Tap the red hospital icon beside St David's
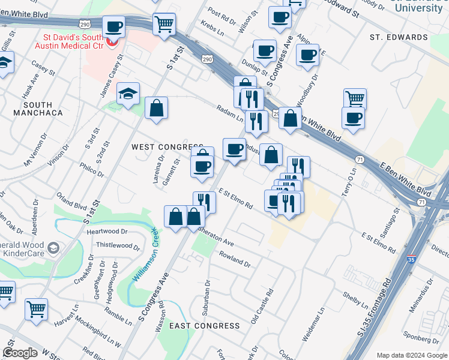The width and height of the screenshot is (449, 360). [111, 44]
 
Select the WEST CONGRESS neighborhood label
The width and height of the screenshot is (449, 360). [167, 147]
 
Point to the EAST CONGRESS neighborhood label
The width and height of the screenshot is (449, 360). [204, 326]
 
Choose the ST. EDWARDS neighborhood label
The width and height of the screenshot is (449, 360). [399, 37]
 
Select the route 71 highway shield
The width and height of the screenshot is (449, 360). [360, 159]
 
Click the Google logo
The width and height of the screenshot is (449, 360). [20, 353]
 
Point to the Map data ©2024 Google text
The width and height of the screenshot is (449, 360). [412, 355]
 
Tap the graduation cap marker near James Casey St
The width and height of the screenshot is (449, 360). [128, 94]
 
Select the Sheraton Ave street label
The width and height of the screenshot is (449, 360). [216, 236]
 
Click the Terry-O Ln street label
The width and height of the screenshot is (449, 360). [351, 178]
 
